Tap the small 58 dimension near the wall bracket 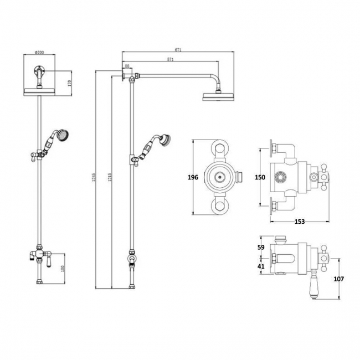[128, 66]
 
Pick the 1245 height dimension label [97, 177]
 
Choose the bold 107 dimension [338, 279]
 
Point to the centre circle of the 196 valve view [220, 177]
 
